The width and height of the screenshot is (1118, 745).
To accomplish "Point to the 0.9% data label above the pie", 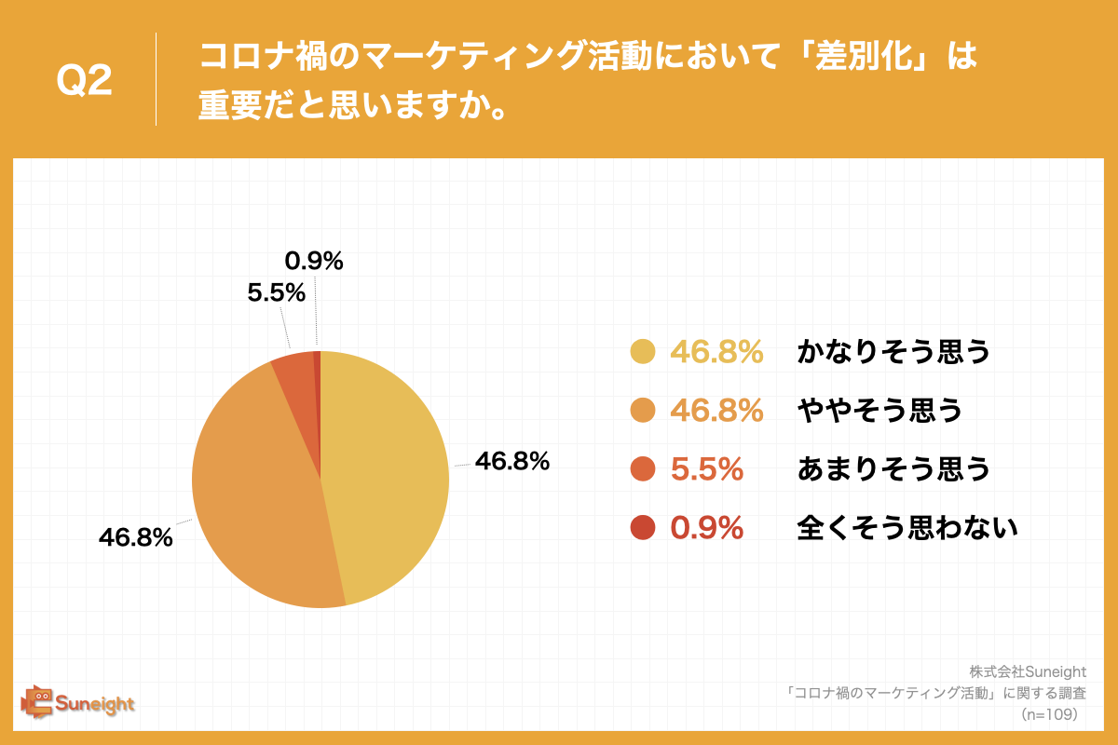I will point(314,262).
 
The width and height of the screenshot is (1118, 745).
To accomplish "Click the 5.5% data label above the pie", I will point(277,293).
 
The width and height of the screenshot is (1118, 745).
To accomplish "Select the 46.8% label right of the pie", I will point(511,461).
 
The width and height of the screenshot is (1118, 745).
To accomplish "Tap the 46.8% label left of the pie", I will point(136,537).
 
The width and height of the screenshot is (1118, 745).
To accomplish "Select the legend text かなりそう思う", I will point(893,352).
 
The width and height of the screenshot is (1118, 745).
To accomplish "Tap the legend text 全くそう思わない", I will point(907,528).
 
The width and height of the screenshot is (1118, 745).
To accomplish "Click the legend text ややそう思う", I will point(879,411).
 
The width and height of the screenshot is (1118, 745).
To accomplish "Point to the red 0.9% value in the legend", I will point(706,528).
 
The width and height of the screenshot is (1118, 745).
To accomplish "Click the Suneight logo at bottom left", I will point(78,702).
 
